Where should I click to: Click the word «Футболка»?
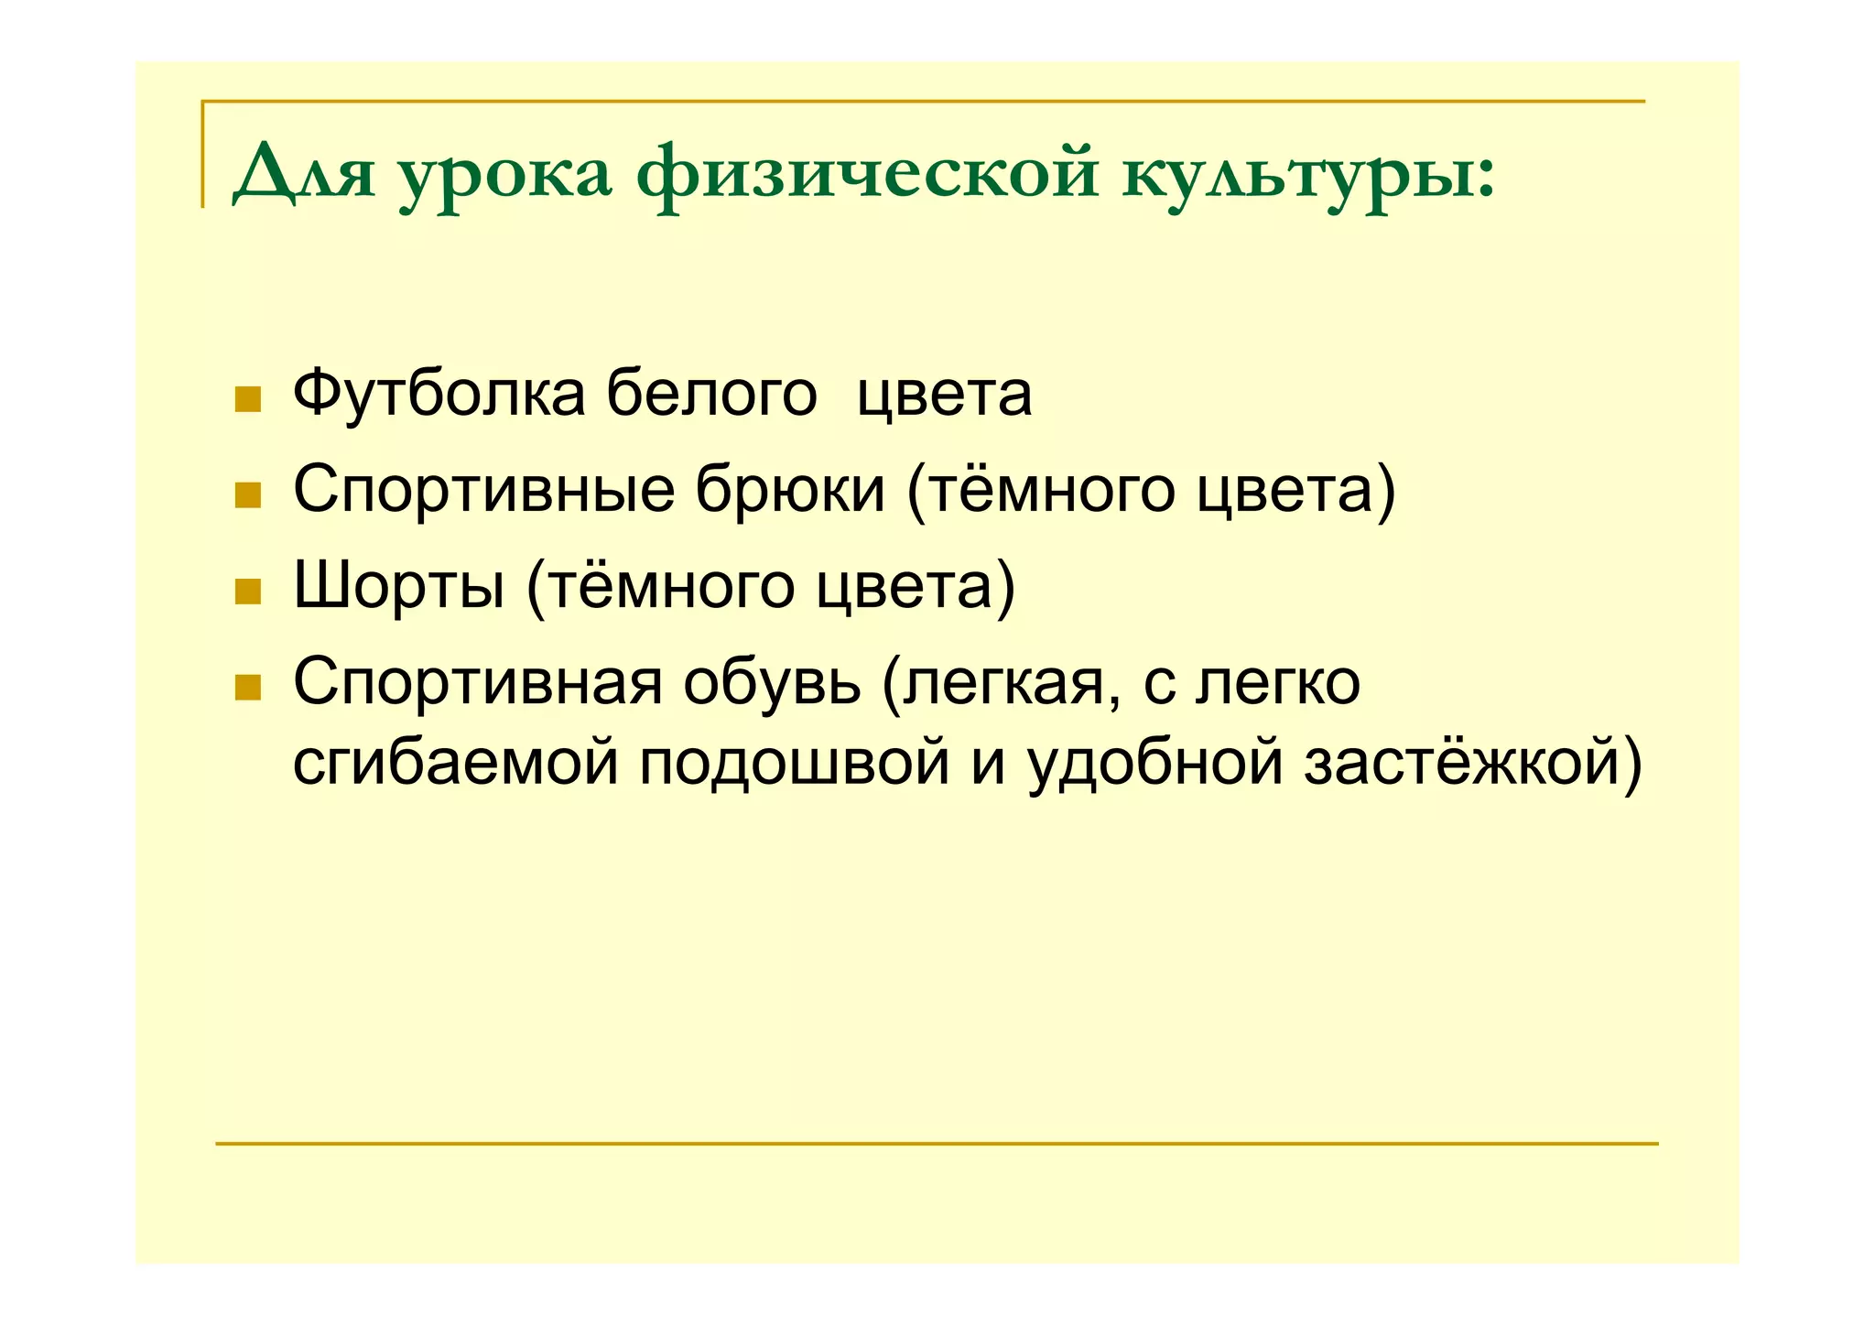point(439,394)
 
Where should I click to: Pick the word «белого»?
point(711,394)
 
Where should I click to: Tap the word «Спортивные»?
point(483,491)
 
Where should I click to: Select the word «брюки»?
point(790,491)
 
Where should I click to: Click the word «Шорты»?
point(398,587)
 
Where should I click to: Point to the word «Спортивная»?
point(477,683)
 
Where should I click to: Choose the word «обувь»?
point(772,683)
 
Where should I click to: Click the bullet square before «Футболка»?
point(248,399)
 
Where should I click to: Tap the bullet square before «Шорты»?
point(248,592)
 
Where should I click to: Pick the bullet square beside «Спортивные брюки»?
point(248,495)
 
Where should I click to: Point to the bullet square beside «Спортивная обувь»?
point(248,689)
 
